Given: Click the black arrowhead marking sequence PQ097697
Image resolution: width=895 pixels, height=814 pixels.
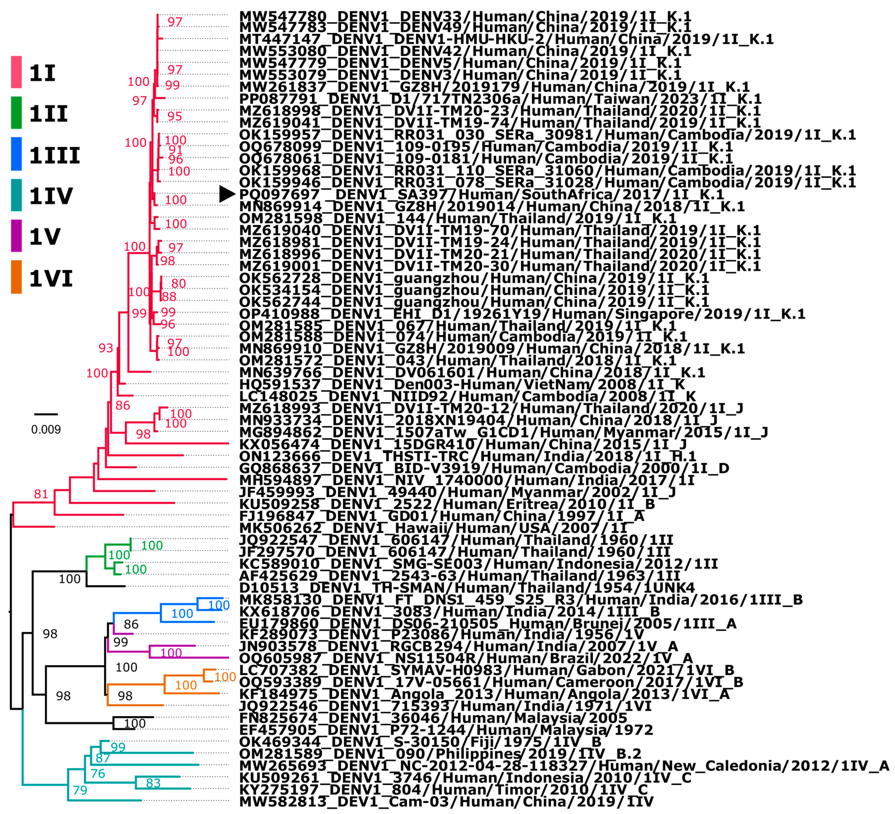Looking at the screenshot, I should (x=227, y=194).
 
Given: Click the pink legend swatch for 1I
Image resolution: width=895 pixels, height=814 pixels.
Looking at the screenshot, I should (x=16, y=72).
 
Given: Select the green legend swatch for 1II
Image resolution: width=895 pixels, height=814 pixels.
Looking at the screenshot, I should (x=16, y=113).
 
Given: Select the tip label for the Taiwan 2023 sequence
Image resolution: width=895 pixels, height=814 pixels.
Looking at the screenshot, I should (x=500, y=99).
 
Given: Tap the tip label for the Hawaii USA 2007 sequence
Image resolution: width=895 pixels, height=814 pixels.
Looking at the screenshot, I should (x=433, y=528).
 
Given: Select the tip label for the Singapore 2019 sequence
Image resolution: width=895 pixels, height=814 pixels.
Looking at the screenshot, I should (x=522, y=314).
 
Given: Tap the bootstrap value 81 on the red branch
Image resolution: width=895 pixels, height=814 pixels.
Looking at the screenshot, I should (x=41, y=494).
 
